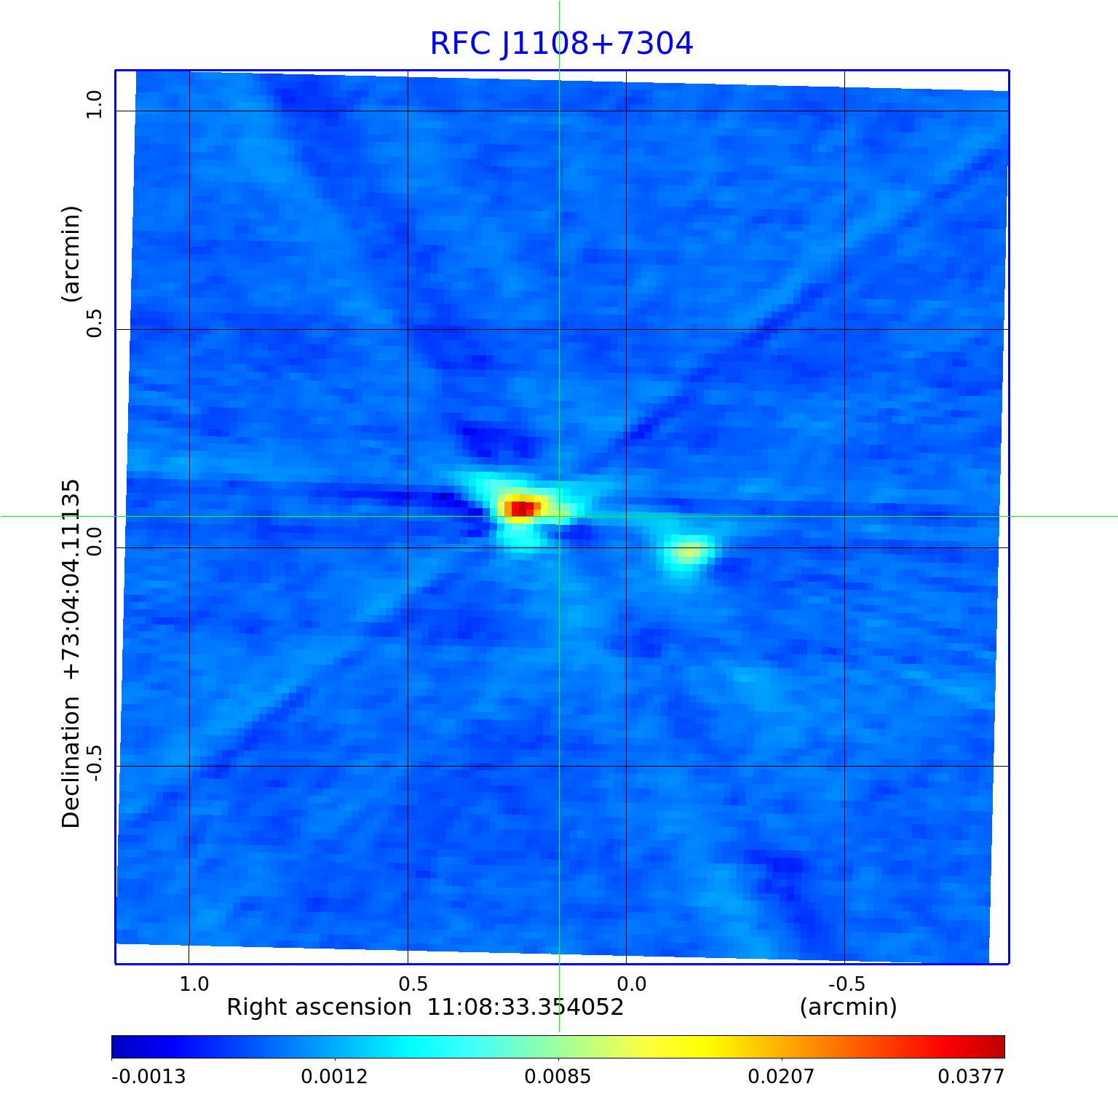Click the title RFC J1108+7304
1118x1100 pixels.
pos(561,44)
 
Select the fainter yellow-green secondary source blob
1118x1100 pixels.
pos(689,552)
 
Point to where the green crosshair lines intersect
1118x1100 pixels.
pos(559,516)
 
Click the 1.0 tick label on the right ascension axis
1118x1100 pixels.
pos(194,984)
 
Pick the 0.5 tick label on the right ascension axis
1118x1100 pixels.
pos(413,984)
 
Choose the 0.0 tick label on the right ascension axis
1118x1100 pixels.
pos(631,984)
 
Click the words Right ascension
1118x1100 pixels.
pos(319,1008)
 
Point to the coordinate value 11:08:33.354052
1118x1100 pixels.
pos(525,1008)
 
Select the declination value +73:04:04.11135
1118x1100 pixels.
pos(71,579)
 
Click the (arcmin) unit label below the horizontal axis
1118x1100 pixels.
pos(848,1008)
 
